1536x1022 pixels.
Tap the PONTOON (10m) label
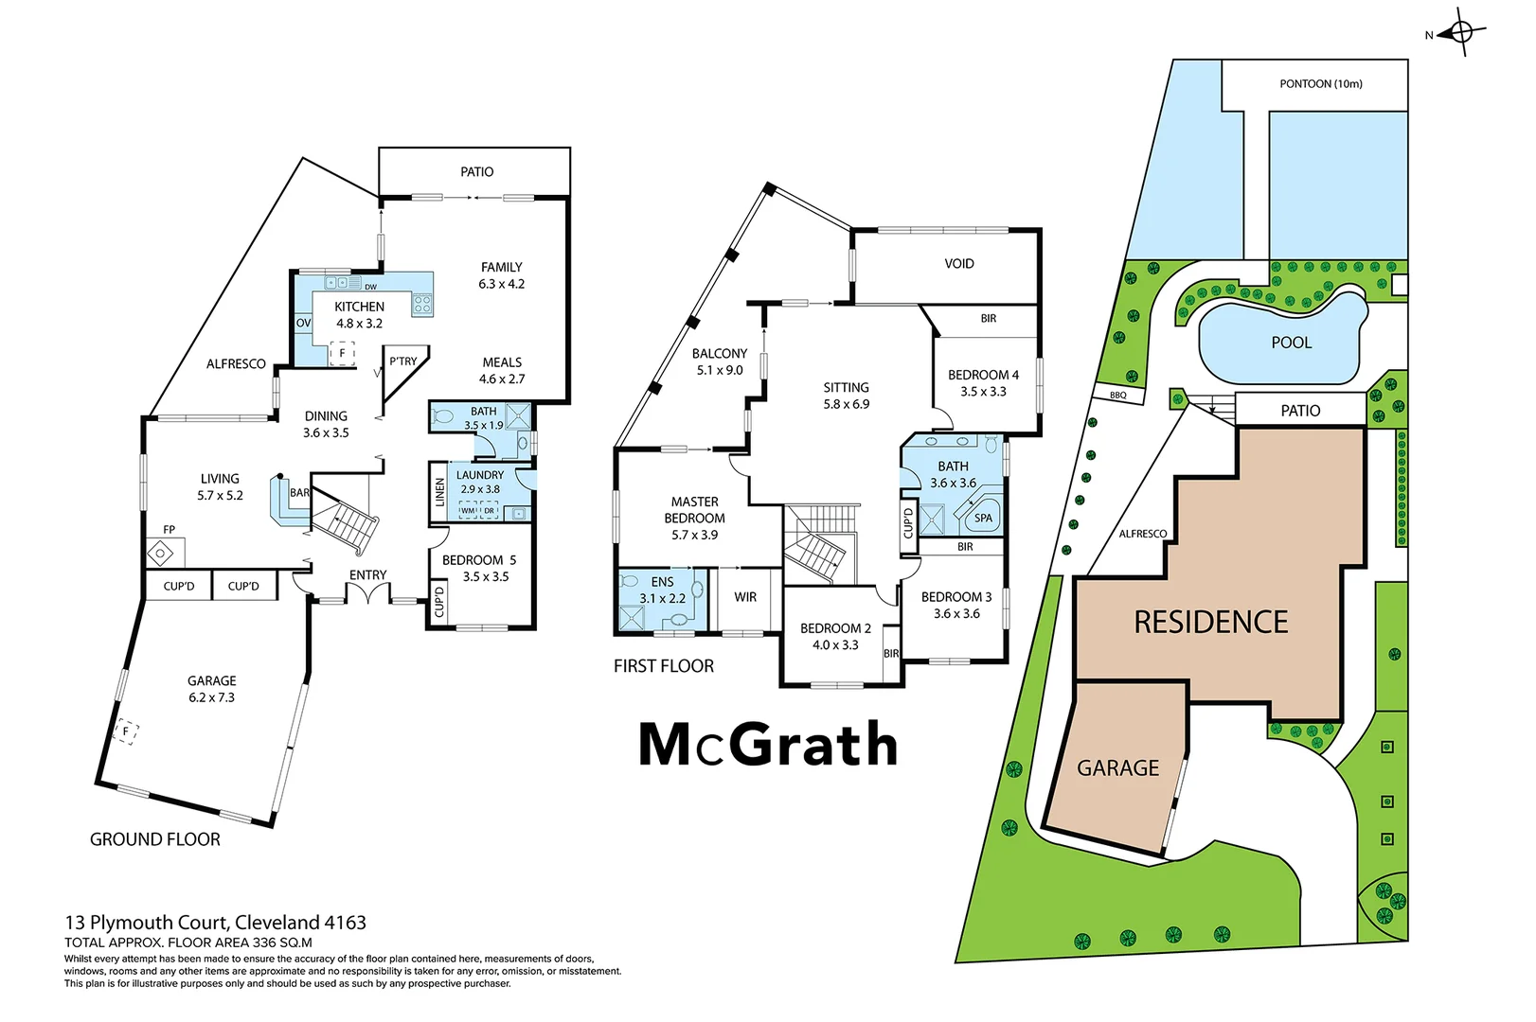1320,84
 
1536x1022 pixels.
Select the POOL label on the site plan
1291,343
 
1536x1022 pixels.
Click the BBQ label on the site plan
1117,396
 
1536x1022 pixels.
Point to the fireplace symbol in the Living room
160,552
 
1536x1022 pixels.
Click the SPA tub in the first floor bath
983,518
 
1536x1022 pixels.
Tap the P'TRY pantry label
402,361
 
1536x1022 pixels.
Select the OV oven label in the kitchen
303,323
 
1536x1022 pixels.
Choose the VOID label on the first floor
958,264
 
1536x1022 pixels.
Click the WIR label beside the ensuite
745,597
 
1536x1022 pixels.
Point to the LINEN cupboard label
439,492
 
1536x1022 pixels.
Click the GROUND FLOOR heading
155,839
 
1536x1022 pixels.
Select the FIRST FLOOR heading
663,666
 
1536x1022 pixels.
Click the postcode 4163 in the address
345,923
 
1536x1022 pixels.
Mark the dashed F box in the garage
125,731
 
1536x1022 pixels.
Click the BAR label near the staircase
299,493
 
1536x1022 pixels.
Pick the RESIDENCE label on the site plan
1210,622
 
